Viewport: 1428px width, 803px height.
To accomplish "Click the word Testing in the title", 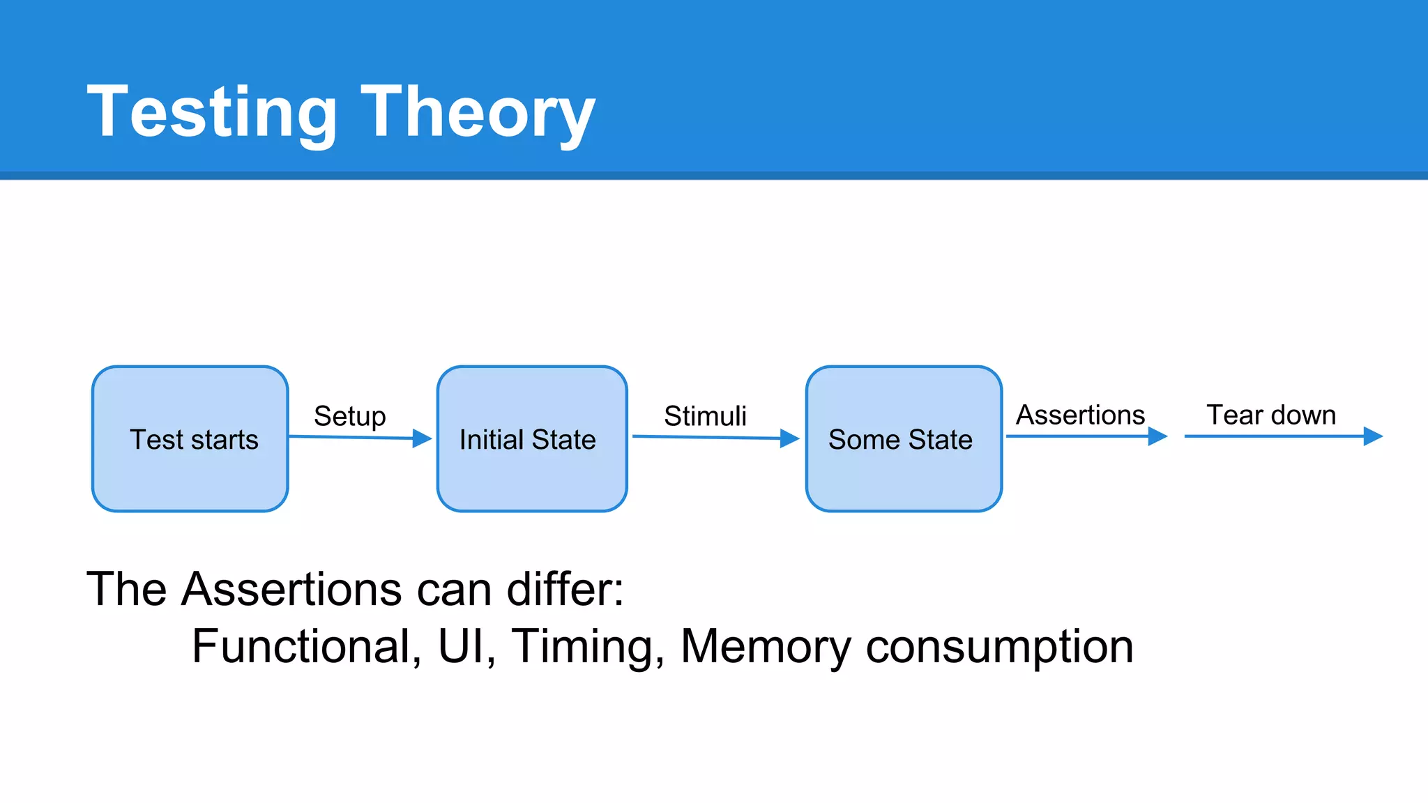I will [212, 112].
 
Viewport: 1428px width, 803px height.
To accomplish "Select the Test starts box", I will [190, 439].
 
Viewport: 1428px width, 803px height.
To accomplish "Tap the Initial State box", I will [532, 439].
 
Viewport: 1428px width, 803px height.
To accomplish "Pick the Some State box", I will [904, 439].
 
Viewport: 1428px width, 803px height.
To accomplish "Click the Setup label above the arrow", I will [349, 416].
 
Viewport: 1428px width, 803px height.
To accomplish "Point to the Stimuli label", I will [705, 416].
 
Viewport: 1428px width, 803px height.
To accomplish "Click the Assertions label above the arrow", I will [1080, 415].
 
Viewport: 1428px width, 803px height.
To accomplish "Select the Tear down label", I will [1271, 415].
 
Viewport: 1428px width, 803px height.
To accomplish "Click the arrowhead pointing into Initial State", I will [422, 438].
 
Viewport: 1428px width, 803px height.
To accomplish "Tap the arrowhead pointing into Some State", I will [789, 438].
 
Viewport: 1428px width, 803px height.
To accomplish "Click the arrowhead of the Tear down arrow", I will [1372, 436].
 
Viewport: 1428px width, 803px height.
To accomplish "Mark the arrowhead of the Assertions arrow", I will [1157, 436].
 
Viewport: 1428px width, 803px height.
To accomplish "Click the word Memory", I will [766, 646].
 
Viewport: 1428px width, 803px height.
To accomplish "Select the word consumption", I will [999, 646].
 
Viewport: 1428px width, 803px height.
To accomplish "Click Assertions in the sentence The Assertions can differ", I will [291, 589].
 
